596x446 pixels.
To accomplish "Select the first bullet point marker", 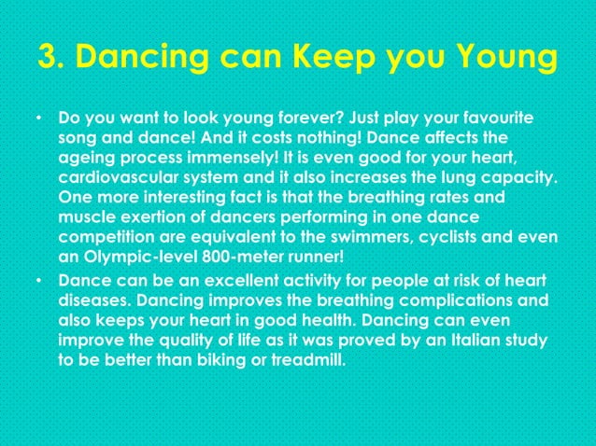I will [38, 120].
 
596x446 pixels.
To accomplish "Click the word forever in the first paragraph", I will [277, 120].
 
